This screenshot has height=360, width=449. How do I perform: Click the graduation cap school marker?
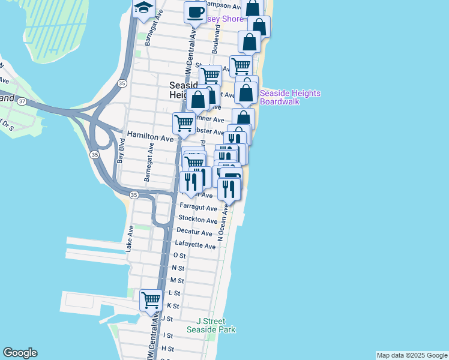[144, 9]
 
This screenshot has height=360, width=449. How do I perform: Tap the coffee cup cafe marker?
[195, 12]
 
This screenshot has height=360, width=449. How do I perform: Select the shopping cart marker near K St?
[151, 299]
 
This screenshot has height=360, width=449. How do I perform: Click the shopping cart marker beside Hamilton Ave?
[184, 123]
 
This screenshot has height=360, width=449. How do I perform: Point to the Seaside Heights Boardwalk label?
[290, 97]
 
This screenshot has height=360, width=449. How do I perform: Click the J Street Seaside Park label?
[211, 325]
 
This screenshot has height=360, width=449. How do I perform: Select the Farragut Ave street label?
[198, 208]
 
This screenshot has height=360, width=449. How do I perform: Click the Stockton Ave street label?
[198, 220]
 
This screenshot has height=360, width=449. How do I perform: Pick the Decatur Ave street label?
[194, 233]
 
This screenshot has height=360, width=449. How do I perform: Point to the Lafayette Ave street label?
[195, 245]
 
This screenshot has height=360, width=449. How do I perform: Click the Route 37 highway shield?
[22, 101]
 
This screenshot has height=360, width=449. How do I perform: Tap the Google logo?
[20, 353]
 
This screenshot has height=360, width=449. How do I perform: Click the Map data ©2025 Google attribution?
[411, 355]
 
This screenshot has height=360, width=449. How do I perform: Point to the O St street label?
[179, 255]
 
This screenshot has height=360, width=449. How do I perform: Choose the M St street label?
[177, 280]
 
